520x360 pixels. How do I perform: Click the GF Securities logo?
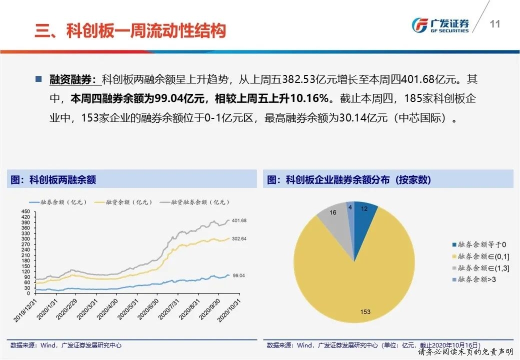coord(439,24)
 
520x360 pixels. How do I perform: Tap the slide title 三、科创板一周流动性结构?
coord(130,31)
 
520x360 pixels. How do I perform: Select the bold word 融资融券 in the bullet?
coord(70,79)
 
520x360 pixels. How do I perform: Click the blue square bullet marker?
coord(38,79)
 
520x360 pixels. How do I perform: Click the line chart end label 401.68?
coord(239,220)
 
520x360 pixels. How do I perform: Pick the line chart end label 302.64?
coord(239,238)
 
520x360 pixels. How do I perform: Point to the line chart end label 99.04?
coord(239,275)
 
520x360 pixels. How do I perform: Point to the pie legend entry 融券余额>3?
coord(475,279)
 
